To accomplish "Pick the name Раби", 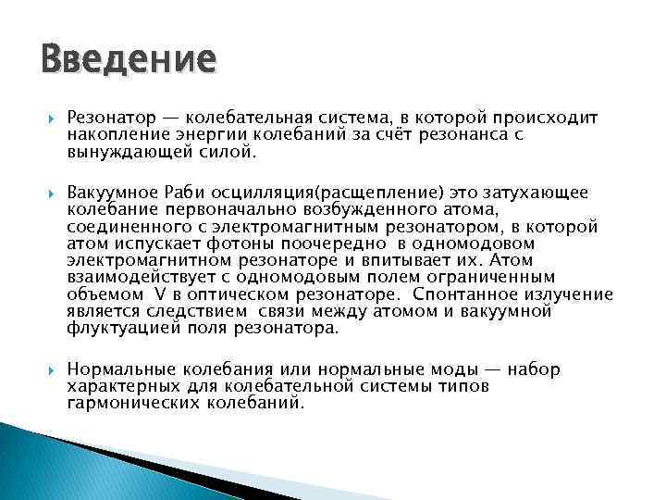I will pos(185,193).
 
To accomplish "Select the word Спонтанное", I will pos(459,294).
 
